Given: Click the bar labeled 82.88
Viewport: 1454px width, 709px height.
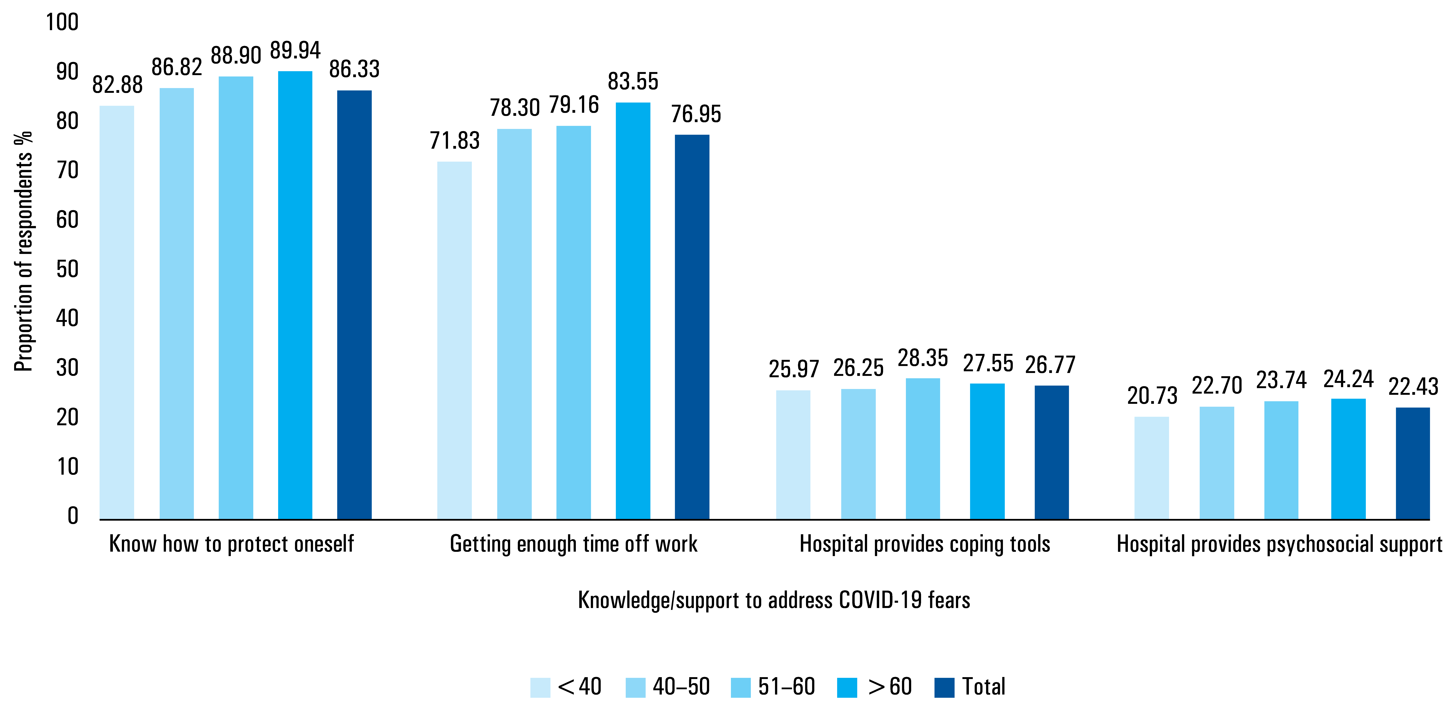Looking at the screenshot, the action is [117, 312].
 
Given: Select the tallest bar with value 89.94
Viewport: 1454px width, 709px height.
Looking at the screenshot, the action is [295, 295].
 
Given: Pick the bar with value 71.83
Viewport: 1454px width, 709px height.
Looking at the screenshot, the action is [454, 340].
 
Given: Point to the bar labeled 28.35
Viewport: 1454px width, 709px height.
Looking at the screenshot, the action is [923, 449].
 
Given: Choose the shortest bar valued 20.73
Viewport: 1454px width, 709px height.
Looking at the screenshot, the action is [1152, 468].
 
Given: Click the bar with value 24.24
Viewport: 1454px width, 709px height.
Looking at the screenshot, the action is [1348, 459].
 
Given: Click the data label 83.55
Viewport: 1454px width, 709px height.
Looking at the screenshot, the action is [633, 81].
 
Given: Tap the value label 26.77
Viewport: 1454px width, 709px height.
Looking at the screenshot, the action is [1050, 365].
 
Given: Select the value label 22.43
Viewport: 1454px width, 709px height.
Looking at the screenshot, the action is [1413, 386].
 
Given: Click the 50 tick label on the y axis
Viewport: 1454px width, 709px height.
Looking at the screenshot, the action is [67, 269].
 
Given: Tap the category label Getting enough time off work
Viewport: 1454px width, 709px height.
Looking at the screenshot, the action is [573, 544].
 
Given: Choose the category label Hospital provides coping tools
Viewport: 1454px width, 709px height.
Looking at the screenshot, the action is [925, 544].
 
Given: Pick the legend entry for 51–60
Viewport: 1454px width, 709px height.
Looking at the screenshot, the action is [773, 687].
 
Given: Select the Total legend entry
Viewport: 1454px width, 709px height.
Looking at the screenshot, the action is [970, 687].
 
